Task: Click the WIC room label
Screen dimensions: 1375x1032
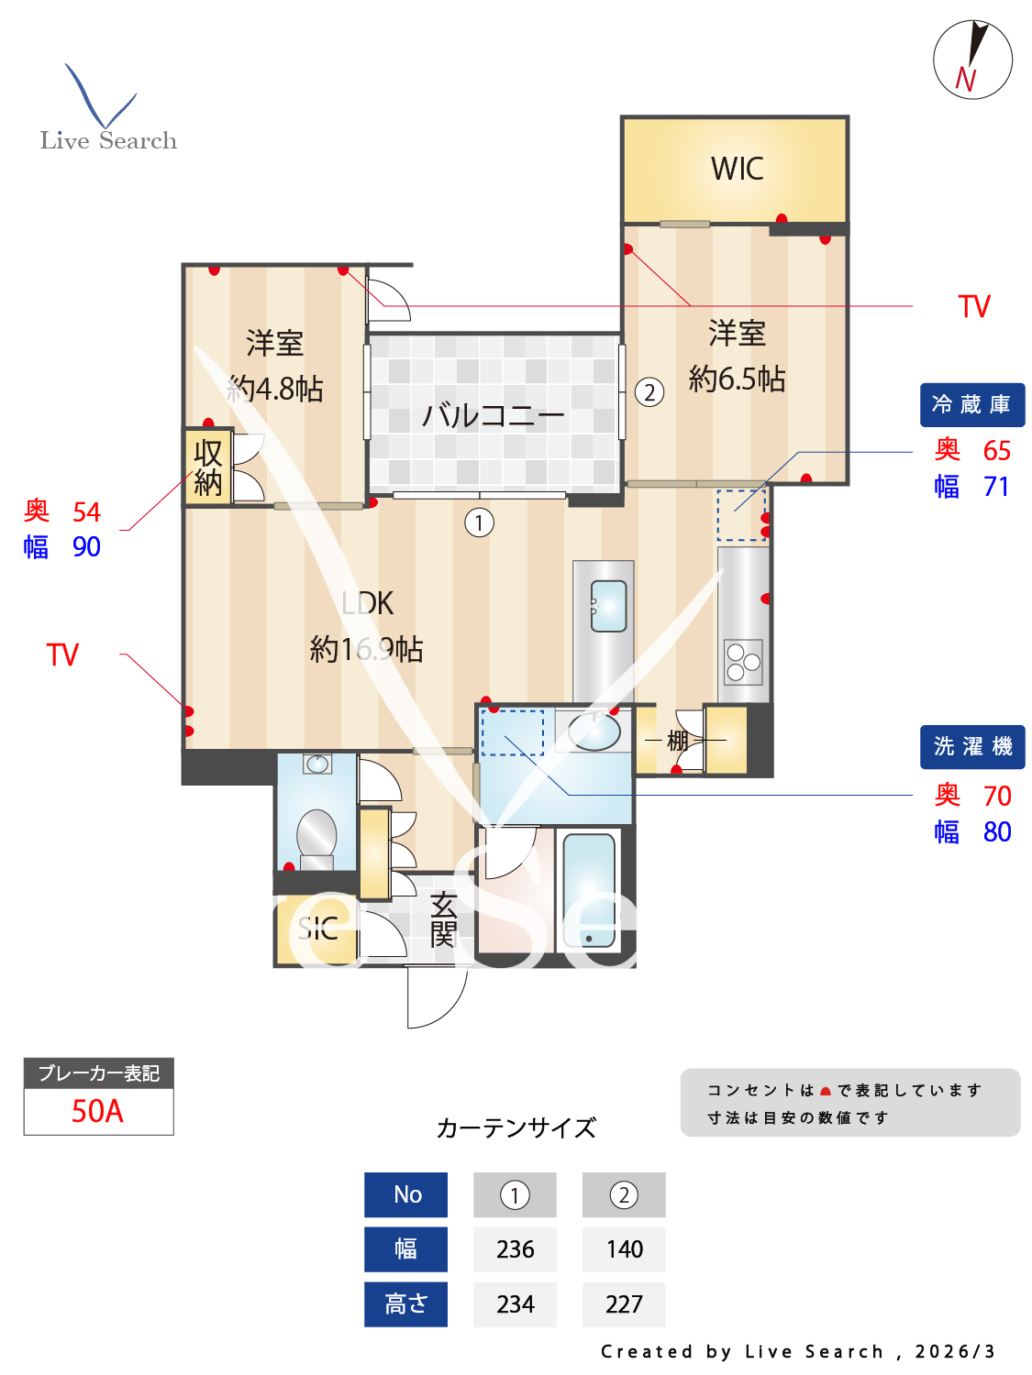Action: click(x=737, y=169)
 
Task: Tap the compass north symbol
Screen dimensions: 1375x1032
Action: click(x=972, y=60)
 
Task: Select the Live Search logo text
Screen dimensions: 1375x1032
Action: click(x=108, y=140)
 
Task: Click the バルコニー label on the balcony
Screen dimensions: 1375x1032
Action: click(x=493, y=416)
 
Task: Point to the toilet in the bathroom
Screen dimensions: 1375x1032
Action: click(x=316, y=834)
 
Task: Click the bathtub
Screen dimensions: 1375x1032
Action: click(x=589, y=890)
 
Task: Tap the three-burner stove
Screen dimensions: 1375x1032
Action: click(x=743, y=661)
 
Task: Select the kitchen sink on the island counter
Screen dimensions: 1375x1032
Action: click(x=608, y=606)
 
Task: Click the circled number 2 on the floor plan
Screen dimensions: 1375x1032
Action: click(x=649, y=392)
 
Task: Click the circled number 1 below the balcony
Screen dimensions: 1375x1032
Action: click(x=479, y=522)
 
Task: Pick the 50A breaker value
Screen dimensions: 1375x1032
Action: click(x=98, y=1111)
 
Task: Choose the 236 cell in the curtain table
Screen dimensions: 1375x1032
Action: click(x=515, y=1248)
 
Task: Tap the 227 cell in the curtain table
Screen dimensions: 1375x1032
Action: click(x=624, y=1303)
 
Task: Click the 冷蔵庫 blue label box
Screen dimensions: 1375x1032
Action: click(x=971, y=404)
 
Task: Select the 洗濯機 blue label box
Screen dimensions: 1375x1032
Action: click(x=971, y=747)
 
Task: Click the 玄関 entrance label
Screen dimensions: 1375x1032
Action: click(x=443, y=919)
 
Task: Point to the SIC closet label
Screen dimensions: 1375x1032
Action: click(x=317, y=929)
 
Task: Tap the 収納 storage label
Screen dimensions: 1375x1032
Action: click(x=208, y=467)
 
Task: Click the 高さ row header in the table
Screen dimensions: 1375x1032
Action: click(x=405, y=1303)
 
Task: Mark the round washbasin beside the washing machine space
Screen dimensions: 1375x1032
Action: click(x=594, y=731)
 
